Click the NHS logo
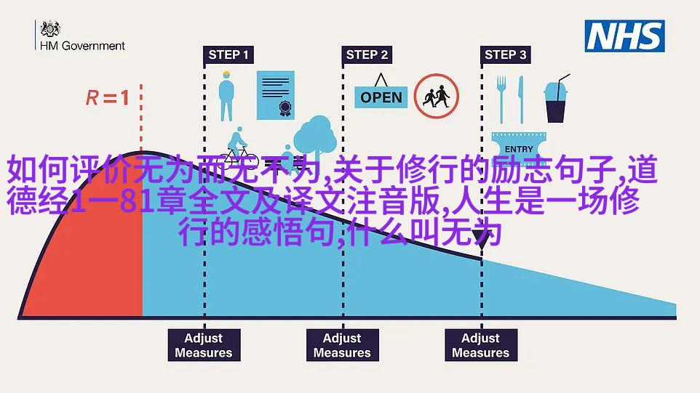624,36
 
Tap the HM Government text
83,46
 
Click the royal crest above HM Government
50,29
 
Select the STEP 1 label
228,54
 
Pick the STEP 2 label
367,54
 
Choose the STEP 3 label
506,54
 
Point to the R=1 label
108,97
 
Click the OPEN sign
381,92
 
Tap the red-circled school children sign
436,96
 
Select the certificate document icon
276,95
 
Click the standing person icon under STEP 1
226,96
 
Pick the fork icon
501,100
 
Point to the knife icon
520,100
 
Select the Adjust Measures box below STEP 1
204,345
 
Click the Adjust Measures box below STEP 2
343,345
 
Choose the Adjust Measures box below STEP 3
481,345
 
